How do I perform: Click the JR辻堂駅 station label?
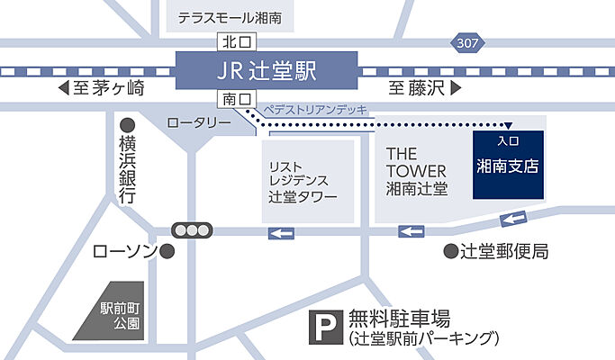pos(264,68)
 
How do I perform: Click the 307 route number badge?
pos(467,42)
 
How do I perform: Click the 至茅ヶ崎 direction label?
pos(100,88)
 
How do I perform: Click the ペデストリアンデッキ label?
pos(314,109)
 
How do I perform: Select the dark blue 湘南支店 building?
pos(509,165)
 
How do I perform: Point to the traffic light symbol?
pos(191,229)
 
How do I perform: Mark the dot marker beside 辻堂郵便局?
pos(449,251)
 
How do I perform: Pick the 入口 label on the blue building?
pos(509,141)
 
